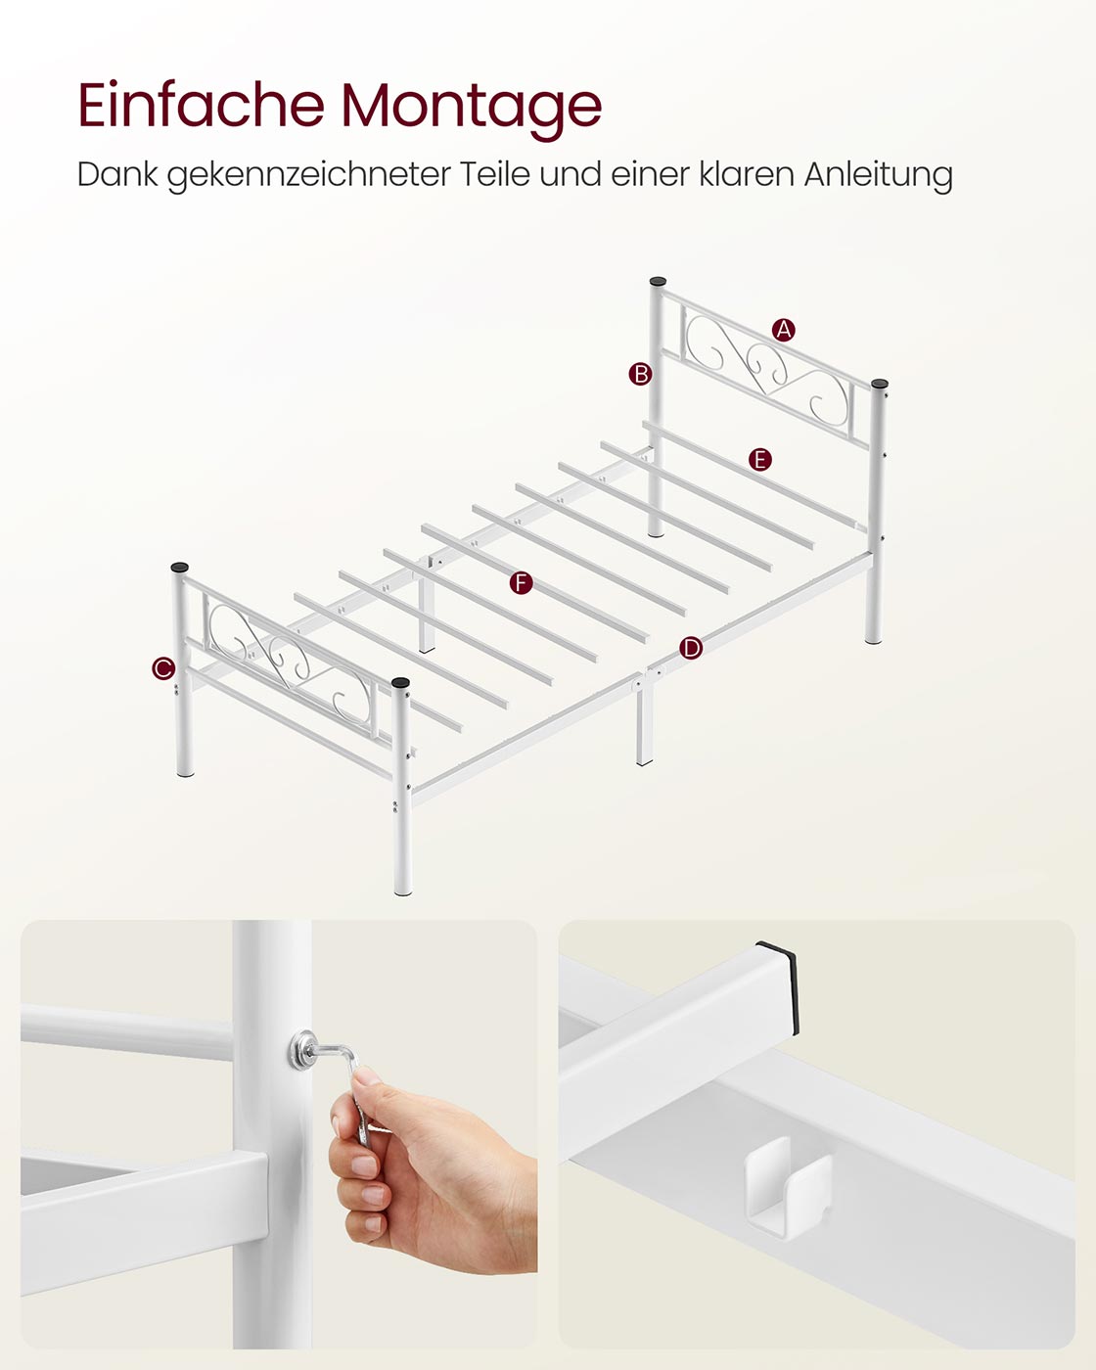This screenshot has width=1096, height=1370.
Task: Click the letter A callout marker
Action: click(x=783, y=330)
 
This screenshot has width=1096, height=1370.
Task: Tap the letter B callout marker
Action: click(x=640, y=374)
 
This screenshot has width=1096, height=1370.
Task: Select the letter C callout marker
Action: click(x=163, y=668)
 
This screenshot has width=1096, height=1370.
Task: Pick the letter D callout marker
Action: click(x=690, y=648)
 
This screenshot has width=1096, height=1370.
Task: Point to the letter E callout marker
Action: click(x=759, y=459)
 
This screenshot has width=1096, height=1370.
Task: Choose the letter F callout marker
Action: click(x=521, y=582)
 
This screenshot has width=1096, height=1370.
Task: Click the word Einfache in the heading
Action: click(x=202, y=105)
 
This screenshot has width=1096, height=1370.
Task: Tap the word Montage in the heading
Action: click(x=472, y=110)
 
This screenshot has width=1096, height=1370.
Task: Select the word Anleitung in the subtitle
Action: click(x=878, y=174)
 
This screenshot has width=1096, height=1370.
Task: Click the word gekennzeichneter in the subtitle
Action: click(x=309, y=175)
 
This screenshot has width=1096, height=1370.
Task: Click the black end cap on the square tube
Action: click(x=778, y=979)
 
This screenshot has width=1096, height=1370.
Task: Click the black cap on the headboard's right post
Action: click(x=880, y=384)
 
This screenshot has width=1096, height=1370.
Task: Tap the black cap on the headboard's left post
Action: click(x=658, y=282)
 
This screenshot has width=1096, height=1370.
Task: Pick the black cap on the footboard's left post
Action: click(x=180, y=567)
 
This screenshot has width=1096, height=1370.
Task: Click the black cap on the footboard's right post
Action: click(x=400, y=682)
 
